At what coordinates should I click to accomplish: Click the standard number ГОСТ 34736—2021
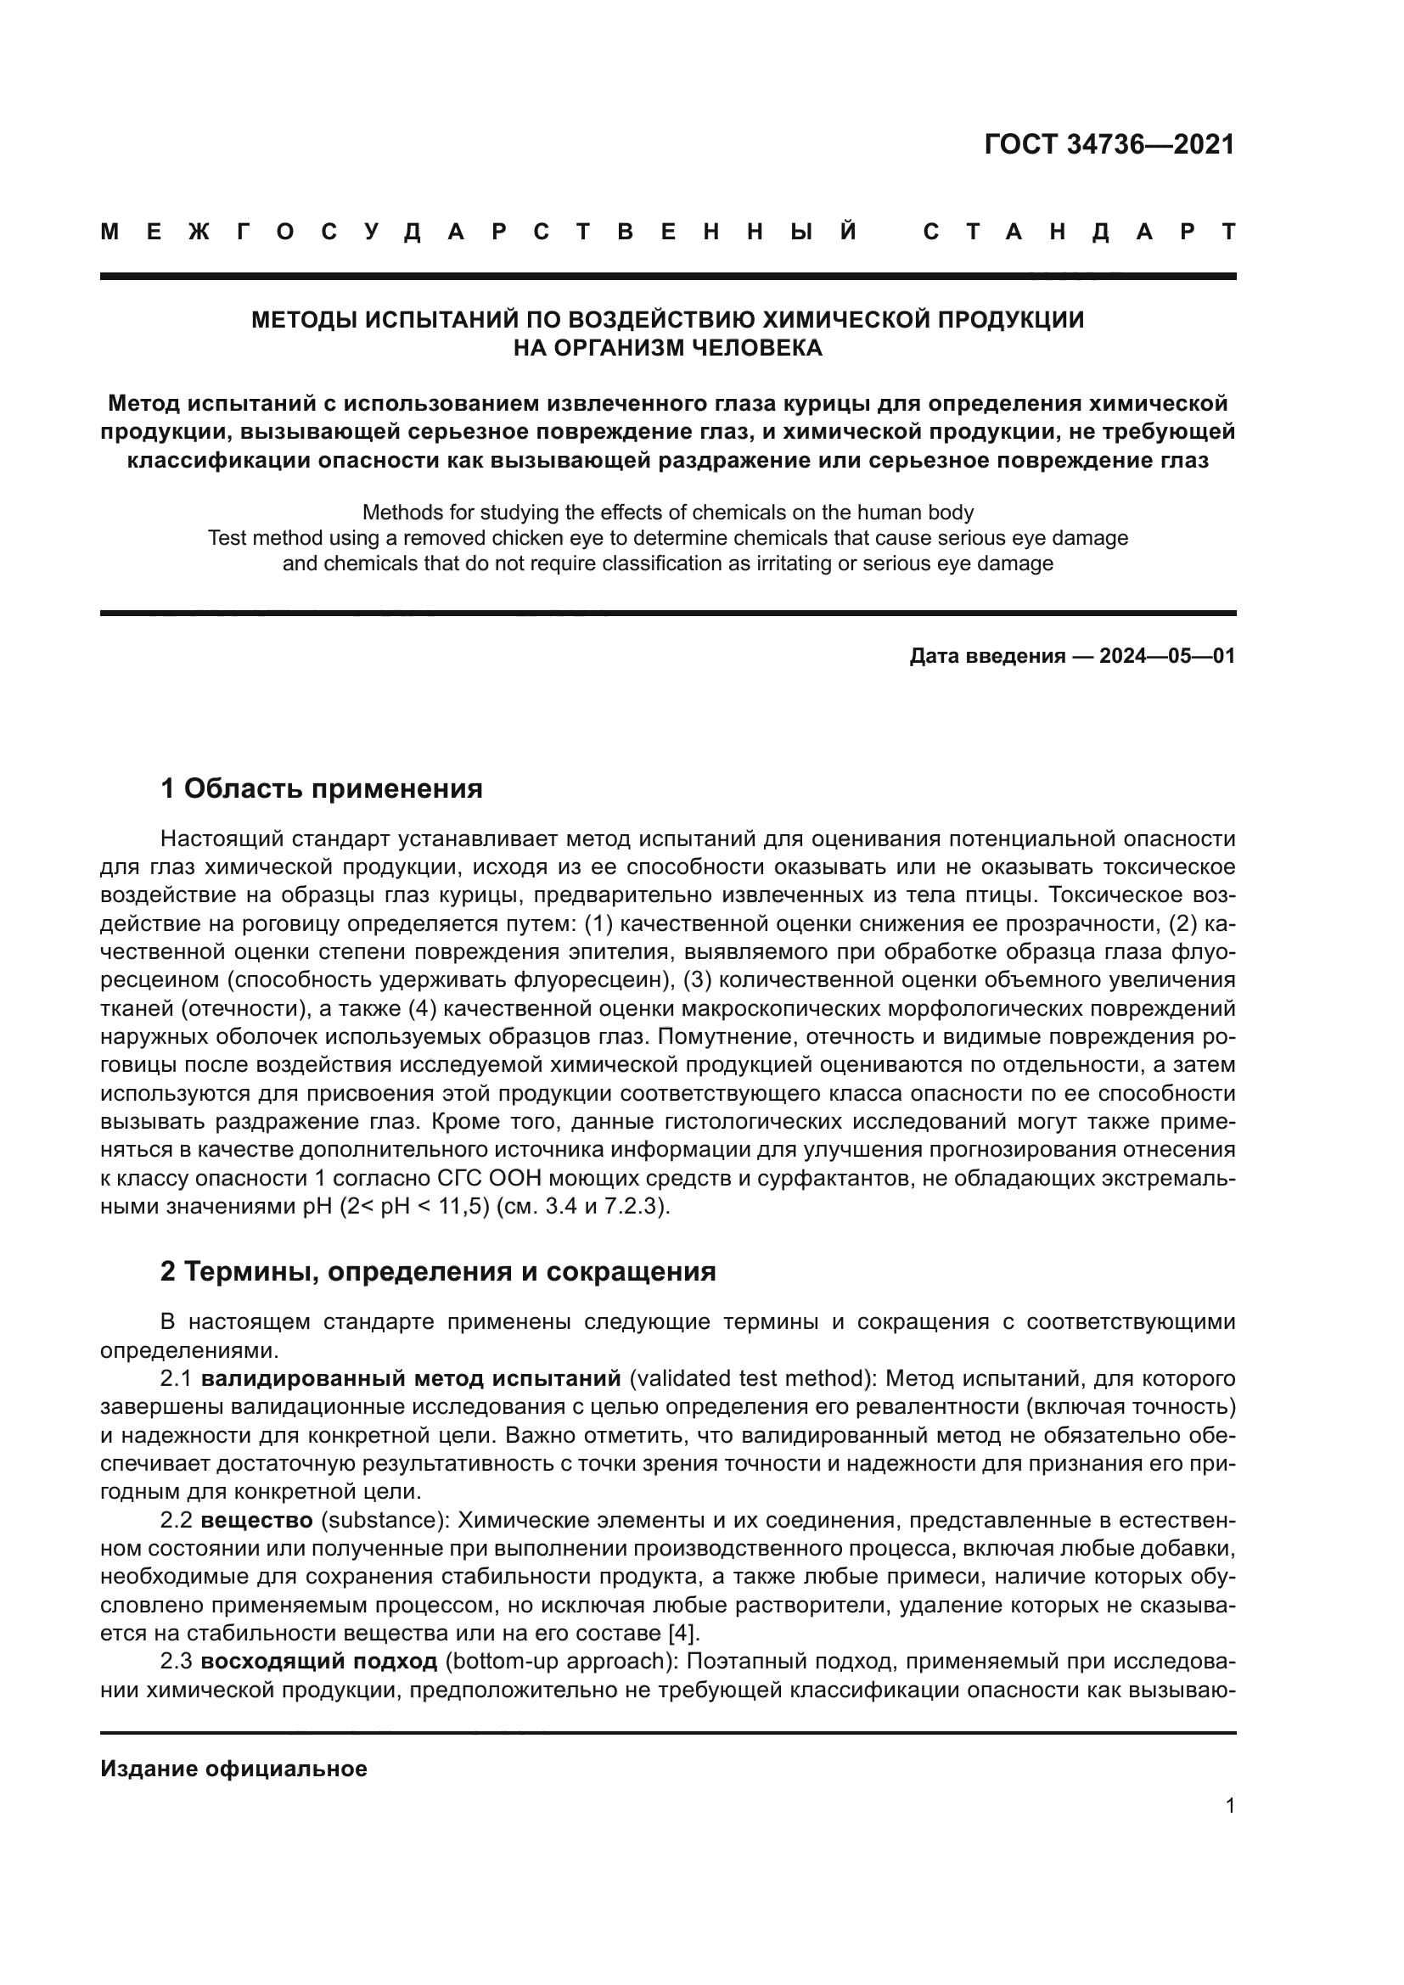tap(1109, 144)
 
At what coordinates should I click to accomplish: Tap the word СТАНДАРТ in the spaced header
tap(1079, 232)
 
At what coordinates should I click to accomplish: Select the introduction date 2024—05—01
tap(1166, 656)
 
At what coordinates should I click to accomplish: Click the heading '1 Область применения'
tap(322, 788)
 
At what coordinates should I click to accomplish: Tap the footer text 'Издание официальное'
tap(233, 1769)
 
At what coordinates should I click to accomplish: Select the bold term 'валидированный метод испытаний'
tap(412, 1378)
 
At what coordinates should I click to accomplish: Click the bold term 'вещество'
tap(256, 1520)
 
